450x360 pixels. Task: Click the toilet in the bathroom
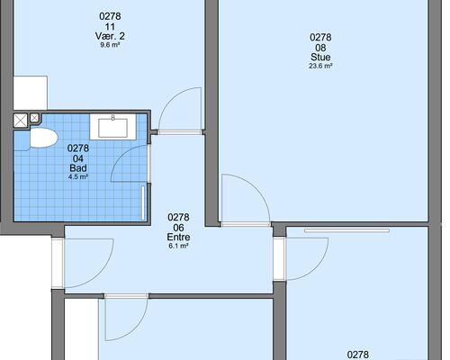pyautogui.click(x=44, y=138)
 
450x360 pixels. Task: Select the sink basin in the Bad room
pyautogui.click(x=113, y=128)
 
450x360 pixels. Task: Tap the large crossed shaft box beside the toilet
pyautogui.click(x=21, y=121)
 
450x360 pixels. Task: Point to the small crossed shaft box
pyautogui.click(x=34, y=118)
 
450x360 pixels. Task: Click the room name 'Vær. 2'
pyautogui.click(x=110, y=36)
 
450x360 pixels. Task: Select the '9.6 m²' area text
pyautogui.click(x=110, y=45)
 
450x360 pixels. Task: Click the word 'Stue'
pyautogui.click(x=320, y=57)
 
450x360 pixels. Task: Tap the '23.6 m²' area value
pyautogui.click(x=320, y=66)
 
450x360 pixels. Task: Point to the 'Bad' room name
pyautogui.click(x=78, y=167)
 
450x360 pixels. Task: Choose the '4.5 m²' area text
pyautogui.click(x=78, y=176)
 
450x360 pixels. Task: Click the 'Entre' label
pyautogui.click(x=178, y=237)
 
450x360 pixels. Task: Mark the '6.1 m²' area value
pyautogui.click(x=178, y=246)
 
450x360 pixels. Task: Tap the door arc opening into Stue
pyautogui.click(x=256, y=187)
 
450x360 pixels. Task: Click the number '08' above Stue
pyautogui.click(x=320, y=48)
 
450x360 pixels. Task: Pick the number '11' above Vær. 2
pyautogui.click(x=110, y=27)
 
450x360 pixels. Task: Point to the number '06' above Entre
pyautogui.click(x=178, y=228)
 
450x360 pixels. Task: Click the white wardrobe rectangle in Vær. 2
pyautogui.click(x=31, y=93)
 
